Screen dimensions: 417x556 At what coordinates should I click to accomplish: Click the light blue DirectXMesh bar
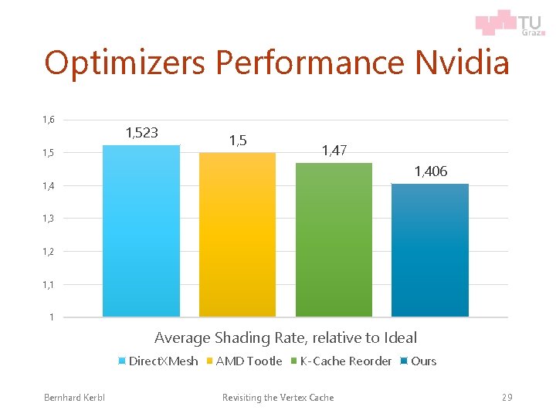tap(141, 231)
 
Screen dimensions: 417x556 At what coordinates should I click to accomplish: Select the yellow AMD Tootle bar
tap(237, 235)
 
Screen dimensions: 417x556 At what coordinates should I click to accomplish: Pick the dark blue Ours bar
tap(430, 250)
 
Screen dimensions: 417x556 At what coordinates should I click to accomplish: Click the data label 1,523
tap(141, 132)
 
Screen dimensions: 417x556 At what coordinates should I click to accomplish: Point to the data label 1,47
tap(334, 151)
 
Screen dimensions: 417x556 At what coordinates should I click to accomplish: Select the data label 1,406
tap(430, 171)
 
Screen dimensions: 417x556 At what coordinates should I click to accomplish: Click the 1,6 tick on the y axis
tap(49, 120)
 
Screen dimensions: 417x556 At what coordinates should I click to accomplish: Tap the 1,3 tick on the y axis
tap(49, 219)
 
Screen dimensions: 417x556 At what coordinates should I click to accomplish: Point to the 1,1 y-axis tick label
tap(49, 285)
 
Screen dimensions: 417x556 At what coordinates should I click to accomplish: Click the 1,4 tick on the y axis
tap(49, 186)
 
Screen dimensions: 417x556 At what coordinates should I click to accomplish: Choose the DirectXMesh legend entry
tap(158, 361)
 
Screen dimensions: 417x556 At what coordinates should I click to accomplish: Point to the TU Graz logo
tap(509, 22)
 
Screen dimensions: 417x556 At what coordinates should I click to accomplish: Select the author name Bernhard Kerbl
tap(75, 398)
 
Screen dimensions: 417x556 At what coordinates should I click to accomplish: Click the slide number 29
tap(507, 398)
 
